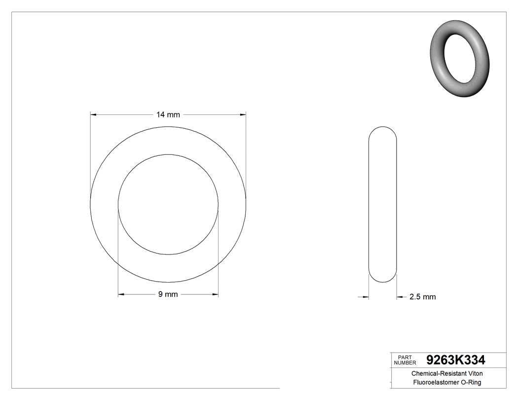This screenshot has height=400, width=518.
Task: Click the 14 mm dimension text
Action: tap(168, 115)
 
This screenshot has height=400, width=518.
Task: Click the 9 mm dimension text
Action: tap(168, 294)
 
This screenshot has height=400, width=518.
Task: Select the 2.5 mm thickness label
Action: tap(422, 297)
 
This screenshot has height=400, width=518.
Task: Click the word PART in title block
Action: tap(405, 357)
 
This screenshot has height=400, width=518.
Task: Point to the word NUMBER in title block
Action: tap(405, 363)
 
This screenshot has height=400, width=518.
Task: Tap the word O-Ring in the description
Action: tap(470, 383)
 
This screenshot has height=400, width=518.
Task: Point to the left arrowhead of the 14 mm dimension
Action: tap(93, 115)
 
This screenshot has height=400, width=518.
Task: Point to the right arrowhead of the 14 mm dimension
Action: tap(243, 115)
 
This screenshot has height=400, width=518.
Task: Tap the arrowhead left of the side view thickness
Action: tap(366, 297)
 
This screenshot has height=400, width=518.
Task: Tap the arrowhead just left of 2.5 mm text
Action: tap(400, 297)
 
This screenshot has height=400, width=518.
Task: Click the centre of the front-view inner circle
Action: tap(168, 205)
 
